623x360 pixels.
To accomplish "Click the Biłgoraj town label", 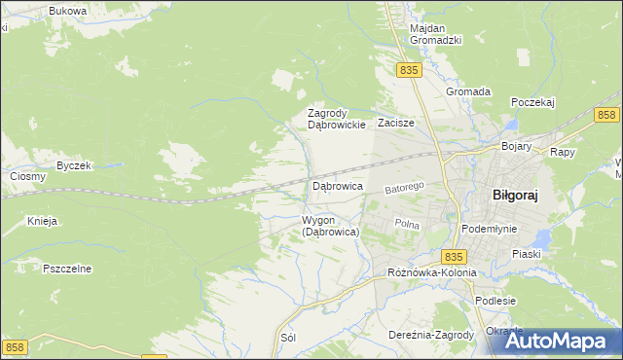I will pyautogui.click(x=515, y=194).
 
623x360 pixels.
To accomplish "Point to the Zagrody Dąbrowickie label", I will pyautogui.click(x=336, y=119).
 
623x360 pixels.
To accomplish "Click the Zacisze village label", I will pyautogui.click(x=396, y=124).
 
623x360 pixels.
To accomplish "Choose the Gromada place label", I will pyautogui.click(x=467, y=91).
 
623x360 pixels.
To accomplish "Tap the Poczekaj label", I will pyautogui.click(x=531, y=101).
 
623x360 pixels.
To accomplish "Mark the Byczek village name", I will pyautogui.click(x=73, y=165).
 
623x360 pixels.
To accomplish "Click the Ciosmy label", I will pyautogui.click(x=27, y=176).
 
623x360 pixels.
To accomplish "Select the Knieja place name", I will pyautogui.click(x=43, y=221).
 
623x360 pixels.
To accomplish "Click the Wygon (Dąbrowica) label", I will pyautogui.click(x=331, y=226).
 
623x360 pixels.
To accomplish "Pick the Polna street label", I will pyautogui.click(x=406, y=223).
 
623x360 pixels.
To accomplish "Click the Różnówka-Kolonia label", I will pyautogui.click(x=431, y=272).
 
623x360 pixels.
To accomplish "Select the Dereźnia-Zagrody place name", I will pyautogui.click(x=430, y=335).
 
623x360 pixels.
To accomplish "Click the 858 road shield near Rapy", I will pyautogui.click(x=606, y=116).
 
